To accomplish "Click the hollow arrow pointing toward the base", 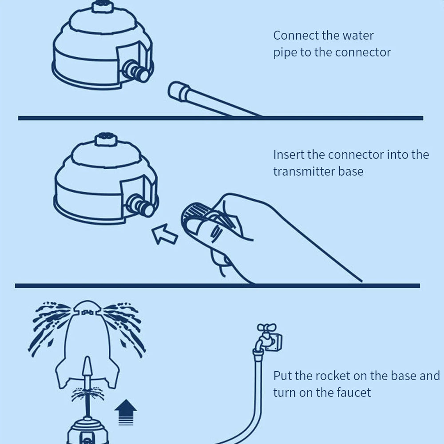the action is click(165, 234).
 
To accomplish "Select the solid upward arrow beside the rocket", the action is click(126, 412).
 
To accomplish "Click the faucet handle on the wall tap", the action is click(266, 328).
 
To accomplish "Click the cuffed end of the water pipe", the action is click(178, 91).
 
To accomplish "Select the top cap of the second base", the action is click(106, 139).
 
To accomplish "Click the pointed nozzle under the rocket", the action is click(87, 367).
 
